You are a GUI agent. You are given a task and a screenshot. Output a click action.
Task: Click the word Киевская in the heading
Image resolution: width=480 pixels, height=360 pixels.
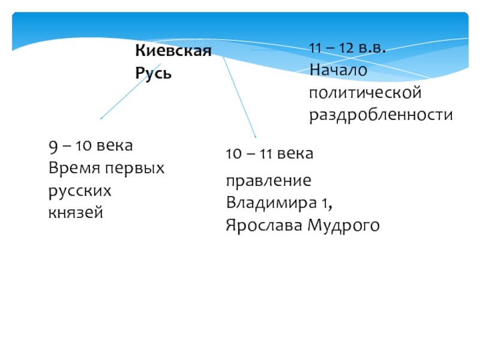[173, 51]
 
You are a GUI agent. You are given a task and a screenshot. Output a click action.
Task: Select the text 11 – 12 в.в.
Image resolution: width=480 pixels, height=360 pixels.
[347, 49]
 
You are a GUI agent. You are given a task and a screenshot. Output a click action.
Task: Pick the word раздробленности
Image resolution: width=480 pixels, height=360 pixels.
[381, 115]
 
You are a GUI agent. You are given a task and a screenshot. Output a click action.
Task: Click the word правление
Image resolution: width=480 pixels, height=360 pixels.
[269, 181]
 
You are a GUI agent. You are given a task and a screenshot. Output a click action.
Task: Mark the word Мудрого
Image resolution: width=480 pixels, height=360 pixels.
[343, 225]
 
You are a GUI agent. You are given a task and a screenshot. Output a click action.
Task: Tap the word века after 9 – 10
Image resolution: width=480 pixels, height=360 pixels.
[115, 146]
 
